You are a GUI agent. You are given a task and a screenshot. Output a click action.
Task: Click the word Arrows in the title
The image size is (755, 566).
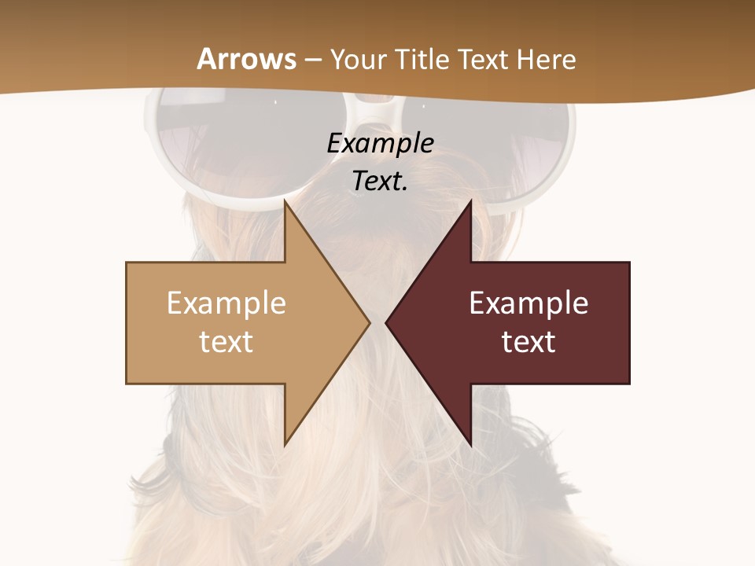pos(246,59)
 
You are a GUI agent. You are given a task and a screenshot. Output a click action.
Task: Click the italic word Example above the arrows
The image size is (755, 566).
pos(380,143)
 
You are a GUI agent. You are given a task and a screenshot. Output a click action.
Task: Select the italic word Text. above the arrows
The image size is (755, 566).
pos(380,181)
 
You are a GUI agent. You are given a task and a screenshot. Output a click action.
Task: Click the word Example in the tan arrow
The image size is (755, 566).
pos(226,303)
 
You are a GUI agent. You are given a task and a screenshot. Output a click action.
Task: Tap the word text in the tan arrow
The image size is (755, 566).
pos(226,341)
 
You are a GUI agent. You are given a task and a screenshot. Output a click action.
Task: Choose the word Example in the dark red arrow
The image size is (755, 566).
pos(528,303)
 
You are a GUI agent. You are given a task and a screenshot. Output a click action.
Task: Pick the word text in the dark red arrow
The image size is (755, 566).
pos(528,341)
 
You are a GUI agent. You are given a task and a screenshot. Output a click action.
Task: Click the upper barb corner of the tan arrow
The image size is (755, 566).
pos(285,201)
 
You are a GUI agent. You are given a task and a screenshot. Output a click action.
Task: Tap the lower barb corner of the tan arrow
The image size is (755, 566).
pos(285,444)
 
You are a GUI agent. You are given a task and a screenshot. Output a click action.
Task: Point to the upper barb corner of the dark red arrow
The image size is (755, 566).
pos(470,201)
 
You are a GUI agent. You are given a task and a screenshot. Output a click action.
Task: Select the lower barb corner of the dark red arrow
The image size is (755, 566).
pos(470,444)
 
